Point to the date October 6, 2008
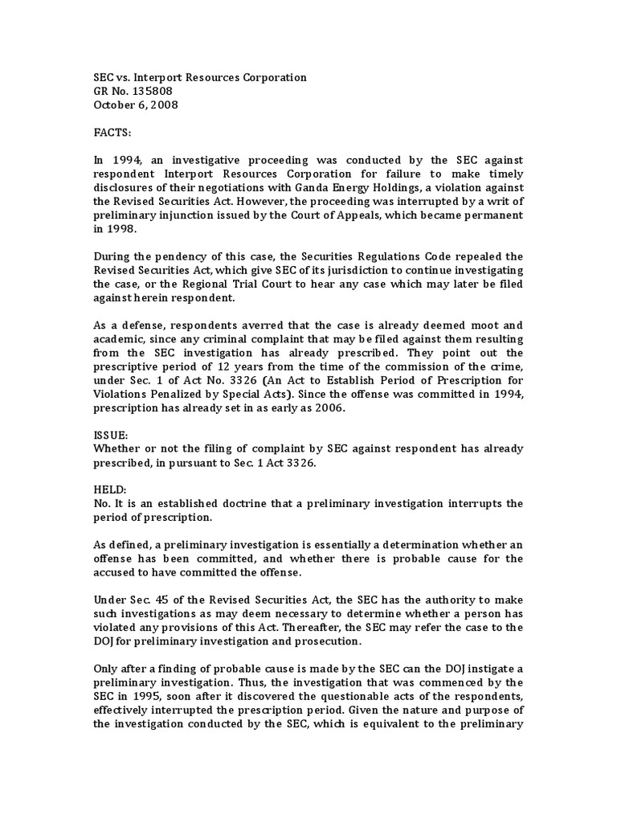pyautogui.click(x=136, y=104)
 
